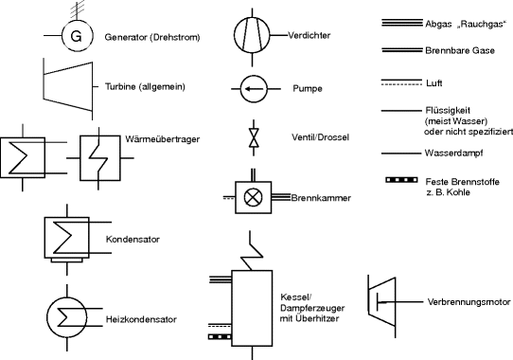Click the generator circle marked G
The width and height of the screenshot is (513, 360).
(x=75, y=36)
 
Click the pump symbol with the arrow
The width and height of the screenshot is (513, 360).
(x=252, y=89)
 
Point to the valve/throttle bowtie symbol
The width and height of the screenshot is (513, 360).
(x=253, y=137)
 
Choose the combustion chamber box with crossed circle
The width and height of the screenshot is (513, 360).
(x=253, y=197)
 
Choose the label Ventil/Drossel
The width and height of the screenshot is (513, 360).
(x=321, y=138)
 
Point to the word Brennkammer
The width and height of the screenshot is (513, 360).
(x=322, y=198)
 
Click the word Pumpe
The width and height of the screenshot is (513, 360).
(x=308, y=89)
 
